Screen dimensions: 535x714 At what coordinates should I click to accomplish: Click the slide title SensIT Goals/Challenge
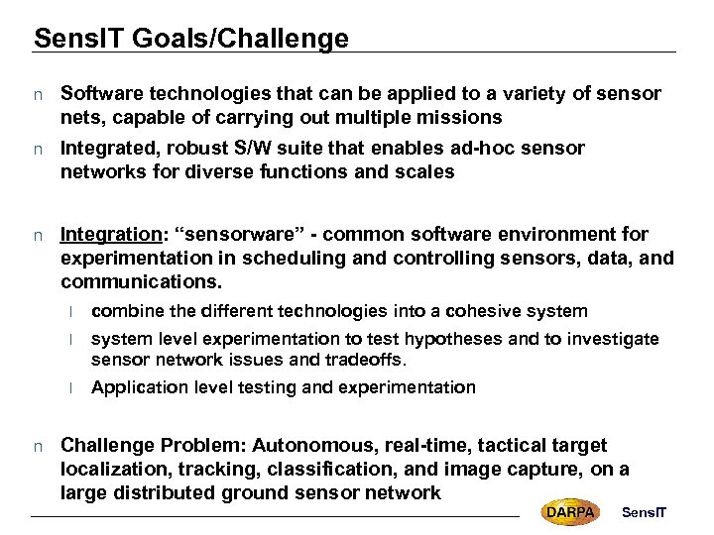pyautogui.click(x=190, y=39)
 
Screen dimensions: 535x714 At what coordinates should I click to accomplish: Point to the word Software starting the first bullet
pyautogui.click(x=99, y=94)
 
